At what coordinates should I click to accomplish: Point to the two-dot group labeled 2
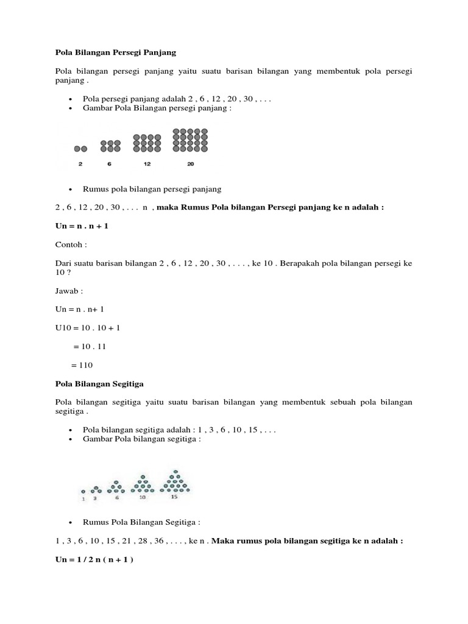80,149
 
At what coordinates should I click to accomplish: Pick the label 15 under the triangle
174,497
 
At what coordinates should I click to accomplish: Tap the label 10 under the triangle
142,497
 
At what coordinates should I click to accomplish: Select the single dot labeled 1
83,491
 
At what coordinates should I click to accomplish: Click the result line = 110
82,365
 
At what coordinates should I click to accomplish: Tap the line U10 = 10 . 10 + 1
88,328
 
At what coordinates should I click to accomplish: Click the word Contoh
68,245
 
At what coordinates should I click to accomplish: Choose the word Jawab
68,291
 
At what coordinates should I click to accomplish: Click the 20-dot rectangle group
191,140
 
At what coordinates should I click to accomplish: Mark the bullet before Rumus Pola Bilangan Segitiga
71,522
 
